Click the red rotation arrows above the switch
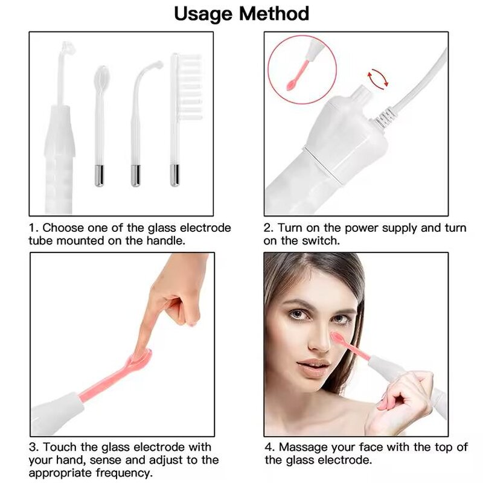[378, 77]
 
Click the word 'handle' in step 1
[166, 240]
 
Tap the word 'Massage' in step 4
[302, 447]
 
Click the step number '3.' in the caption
[34, 447]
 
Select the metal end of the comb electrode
[174, 175]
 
